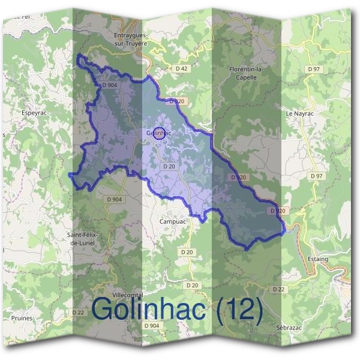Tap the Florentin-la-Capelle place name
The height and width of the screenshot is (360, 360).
(247, 73)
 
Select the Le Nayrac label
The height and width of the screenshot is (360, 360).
(298, 113)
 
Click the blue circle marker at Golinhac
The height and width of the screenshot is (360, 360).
(158, 134)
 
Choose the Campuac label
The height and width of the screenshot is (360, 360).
(173, 221)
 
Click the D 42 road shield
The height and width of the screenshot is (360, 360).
(182, 68)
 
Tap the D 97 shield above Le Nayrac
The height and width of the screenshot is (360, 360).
(314, 69)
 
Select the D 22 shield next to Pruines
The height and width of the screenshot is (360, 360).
(78, 312)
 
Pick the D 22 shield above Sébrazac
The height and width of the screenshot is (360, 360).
(278, 289)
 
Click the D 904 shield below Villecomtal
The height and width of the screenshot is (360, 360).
(152, 325)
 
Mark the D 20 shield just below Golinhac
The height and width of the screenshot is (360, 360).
(169, 166)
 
